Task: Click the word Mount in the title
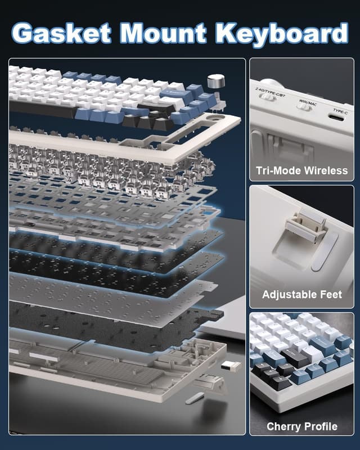point(166,33)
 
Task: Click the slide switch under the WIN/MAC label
point(305,108)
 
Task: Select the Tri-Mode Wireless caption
point(301,170)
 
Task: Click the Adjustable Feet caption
point(301,294)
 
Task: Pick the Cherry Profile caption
point(301,426)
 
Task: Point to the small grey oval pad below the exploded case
point(193,398)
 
